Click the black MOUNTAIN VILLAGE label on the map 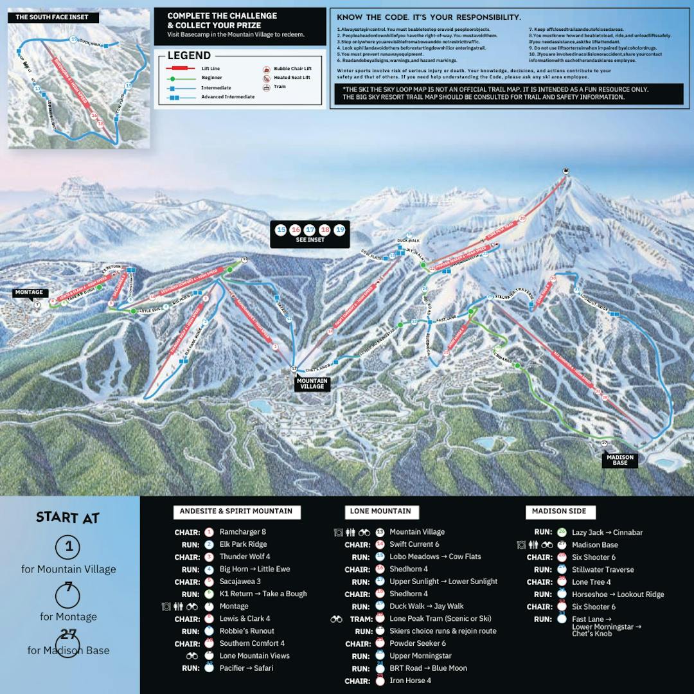click(x=312, y=384)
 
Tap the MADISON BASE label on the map click(x=620, y=460)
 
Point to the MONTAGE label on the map click(x=29, y=293)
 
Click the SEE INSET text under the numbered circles click(x=310, y=240)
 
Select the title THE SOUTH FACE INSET click(x=52, y=17)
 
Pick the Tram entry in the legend click(x=280, y=86)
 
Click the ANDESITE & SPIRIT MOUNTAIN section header click(x=236, y=512)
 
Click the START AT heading click(x=67, y=517)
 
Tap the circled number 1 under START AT click(x=67, y=547)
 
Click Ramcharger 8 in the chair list click(x=242, y=532)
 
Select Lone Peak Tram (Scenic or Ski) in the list click(x=440, y=619)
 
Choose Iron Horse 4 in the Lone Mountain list click(x=410, y=681)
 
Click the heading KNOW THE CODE click(x=428, y=17)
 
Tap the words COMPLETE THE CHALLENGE click(x=222, y=15)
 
